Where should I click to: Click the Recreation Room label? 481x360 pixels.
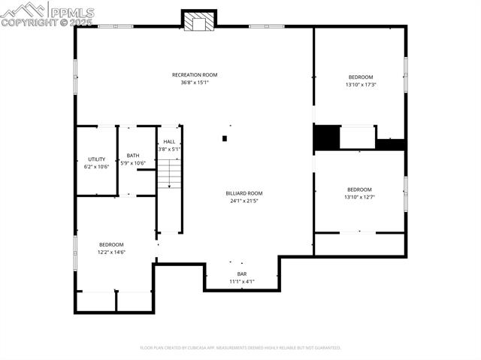195,74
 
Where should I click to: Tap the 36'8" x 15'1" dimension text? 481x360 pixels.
195,83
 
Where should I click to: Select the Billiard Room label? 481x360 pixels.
244,193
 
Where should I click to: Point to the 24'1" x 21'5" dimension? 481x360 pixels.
244,201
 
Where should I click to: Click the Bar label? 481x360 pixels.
242,274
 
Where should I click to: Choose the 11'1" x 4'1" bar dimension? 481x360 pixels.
242,282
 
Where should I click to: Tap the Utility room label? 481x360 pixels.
96,159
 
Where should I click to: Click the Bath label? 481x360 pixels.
132,156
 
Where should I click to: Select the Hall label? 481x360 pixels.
169,141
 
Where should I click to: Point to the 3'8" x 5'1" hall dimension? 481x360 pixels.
169,149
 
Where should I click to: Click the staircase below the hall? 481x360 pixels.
170,177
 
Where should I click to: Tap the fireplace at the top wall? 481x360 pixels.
199,22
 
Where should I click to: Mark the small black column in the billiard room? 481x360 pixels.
224,138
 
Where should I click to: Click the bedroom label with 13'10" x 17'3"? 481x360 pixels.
360,77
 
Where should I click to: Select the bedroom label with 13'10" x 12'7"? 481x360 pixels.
359,189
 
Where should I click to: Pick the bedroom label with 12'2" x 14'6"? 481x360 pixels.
111,244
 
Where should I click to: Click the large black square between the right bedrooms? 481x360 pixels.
325,138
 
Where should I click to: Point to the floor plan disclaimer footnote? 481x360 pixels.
240,348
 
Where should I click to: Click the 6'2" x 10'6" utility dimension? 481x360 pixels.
96,167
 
